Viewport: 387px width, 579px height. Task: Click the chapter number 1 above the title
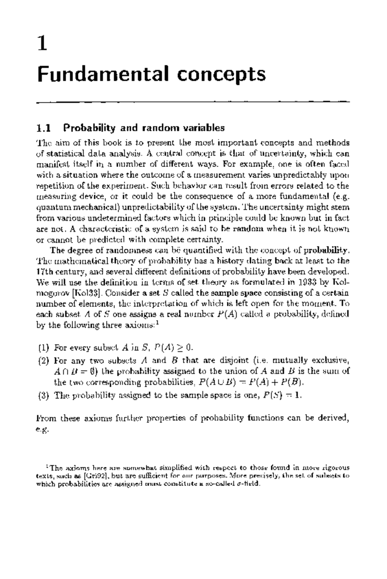[x=43, y=44]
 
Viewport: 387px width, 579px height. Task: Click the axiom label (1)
[x=44, y=348]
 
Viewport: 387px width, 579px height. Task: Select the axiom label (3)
[x=44, y=395]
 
